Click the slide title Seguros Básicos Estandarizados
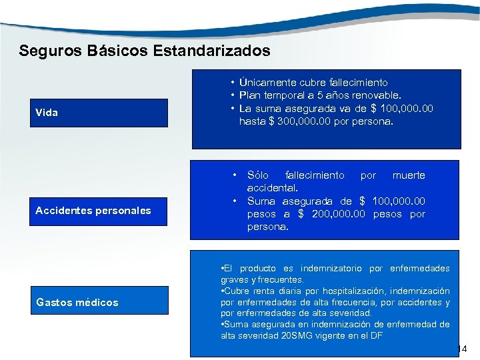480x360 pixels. tap(145, 51)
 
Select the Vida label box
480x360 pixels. tap(101, 113)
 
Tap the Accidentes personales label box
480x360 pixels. tap(101, 211)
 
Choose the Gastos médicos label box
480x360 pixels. tap(101, 303)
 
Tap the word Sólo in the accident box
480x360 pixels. tap(258, 175)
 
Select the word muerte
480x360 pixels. tap(409, 175)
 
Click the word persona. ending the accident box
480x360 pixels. tap(268, 227)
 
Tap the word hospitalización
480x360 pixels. tap(354, 291)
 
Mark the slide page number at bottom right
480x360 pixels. tap(464, 349)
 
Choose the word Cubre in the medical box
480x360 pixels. tap(237, 291)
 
